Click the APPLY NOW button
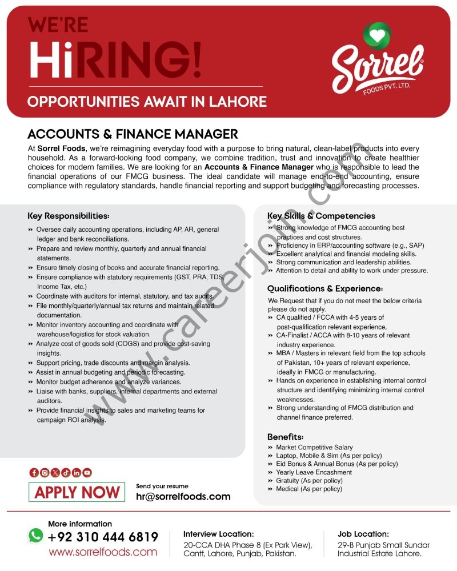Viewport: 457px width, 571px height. click(77, 492)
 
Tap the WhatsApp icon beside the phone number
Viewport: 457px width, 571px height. click(35, 536)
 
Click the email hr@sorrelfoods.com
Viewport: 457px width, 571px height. click(183, 497)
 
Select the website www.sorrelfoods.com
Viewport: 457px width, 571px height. click(103, 552)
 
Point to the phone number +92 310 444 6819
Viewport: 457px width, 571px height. click(103, 537)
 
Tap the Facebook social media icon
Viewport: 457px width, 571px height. click(34, 472)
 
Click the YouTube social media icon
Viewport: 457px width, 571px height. click(87, 472)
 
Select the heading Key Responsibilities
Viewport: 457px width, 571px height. click(68, 216)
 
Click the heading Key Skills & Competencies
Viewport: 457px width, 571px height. click(321, 216)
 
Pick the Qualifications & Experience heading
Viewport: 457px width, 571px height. click(324, 289)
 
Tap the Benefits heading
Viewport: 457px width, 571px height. click(286, 437)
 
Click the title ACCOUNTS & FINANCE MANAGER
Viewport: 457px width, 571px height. click(133, 134)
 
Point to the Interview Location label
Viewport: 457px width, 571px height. click(218, 534)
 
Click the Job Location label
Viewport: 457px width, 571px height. click(363, 534)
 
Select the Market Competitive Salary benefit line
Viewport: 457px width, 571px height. click(314, 448)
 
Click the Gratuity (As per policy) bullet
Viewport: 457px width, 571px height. click(309, 481)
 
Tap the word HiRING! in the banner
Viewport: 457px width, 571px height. click(114, 59)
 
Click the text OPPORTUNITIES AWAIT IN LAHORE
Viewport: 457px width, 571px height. click(147, 102)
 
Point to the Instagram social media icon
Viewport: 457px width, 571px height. click(45, 472)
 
